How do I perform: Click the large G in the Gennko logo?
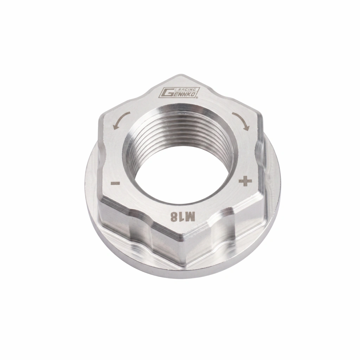167,92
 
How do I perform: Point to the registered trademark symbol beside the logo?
197,98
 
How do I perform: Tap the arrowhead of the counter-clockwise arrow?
115,126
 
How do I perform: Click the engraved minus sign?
115,183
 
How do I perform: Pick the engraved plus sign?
245,181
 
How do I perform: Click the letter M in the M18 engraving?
190,217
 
